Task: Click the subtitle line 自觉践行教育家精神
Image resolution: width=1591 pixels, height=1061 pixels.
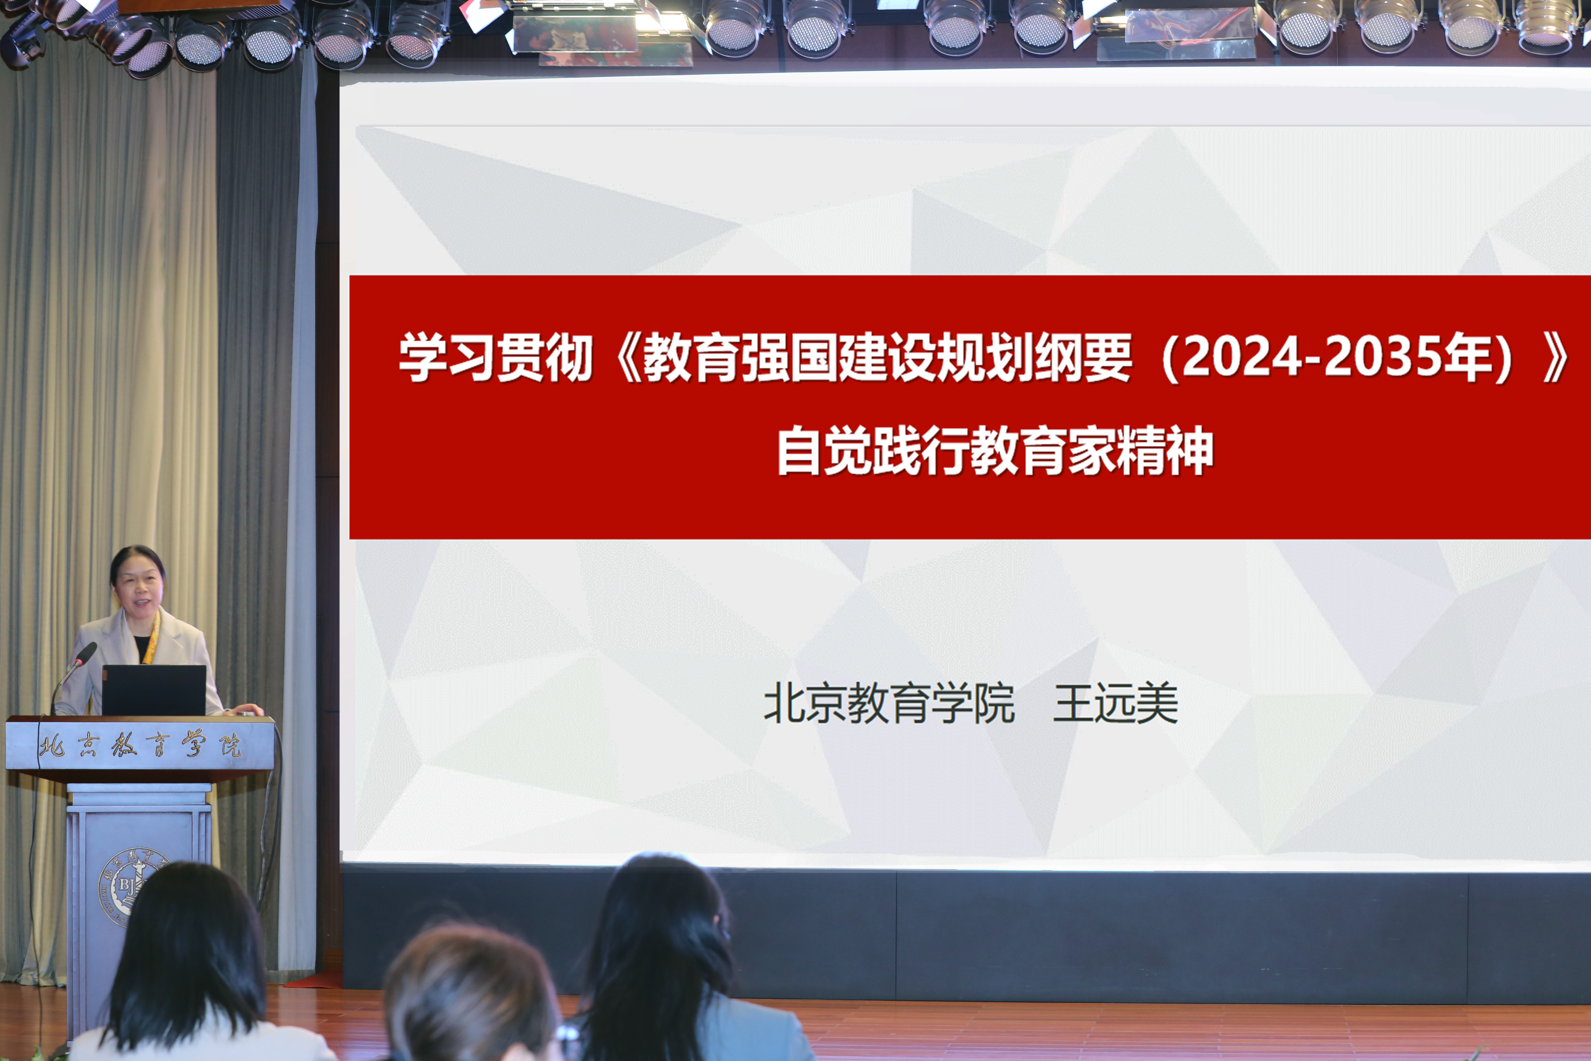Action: coord(994,451)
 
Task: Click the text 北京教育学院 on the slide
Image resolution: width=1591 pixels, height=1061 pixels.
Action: coord(889,704)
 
